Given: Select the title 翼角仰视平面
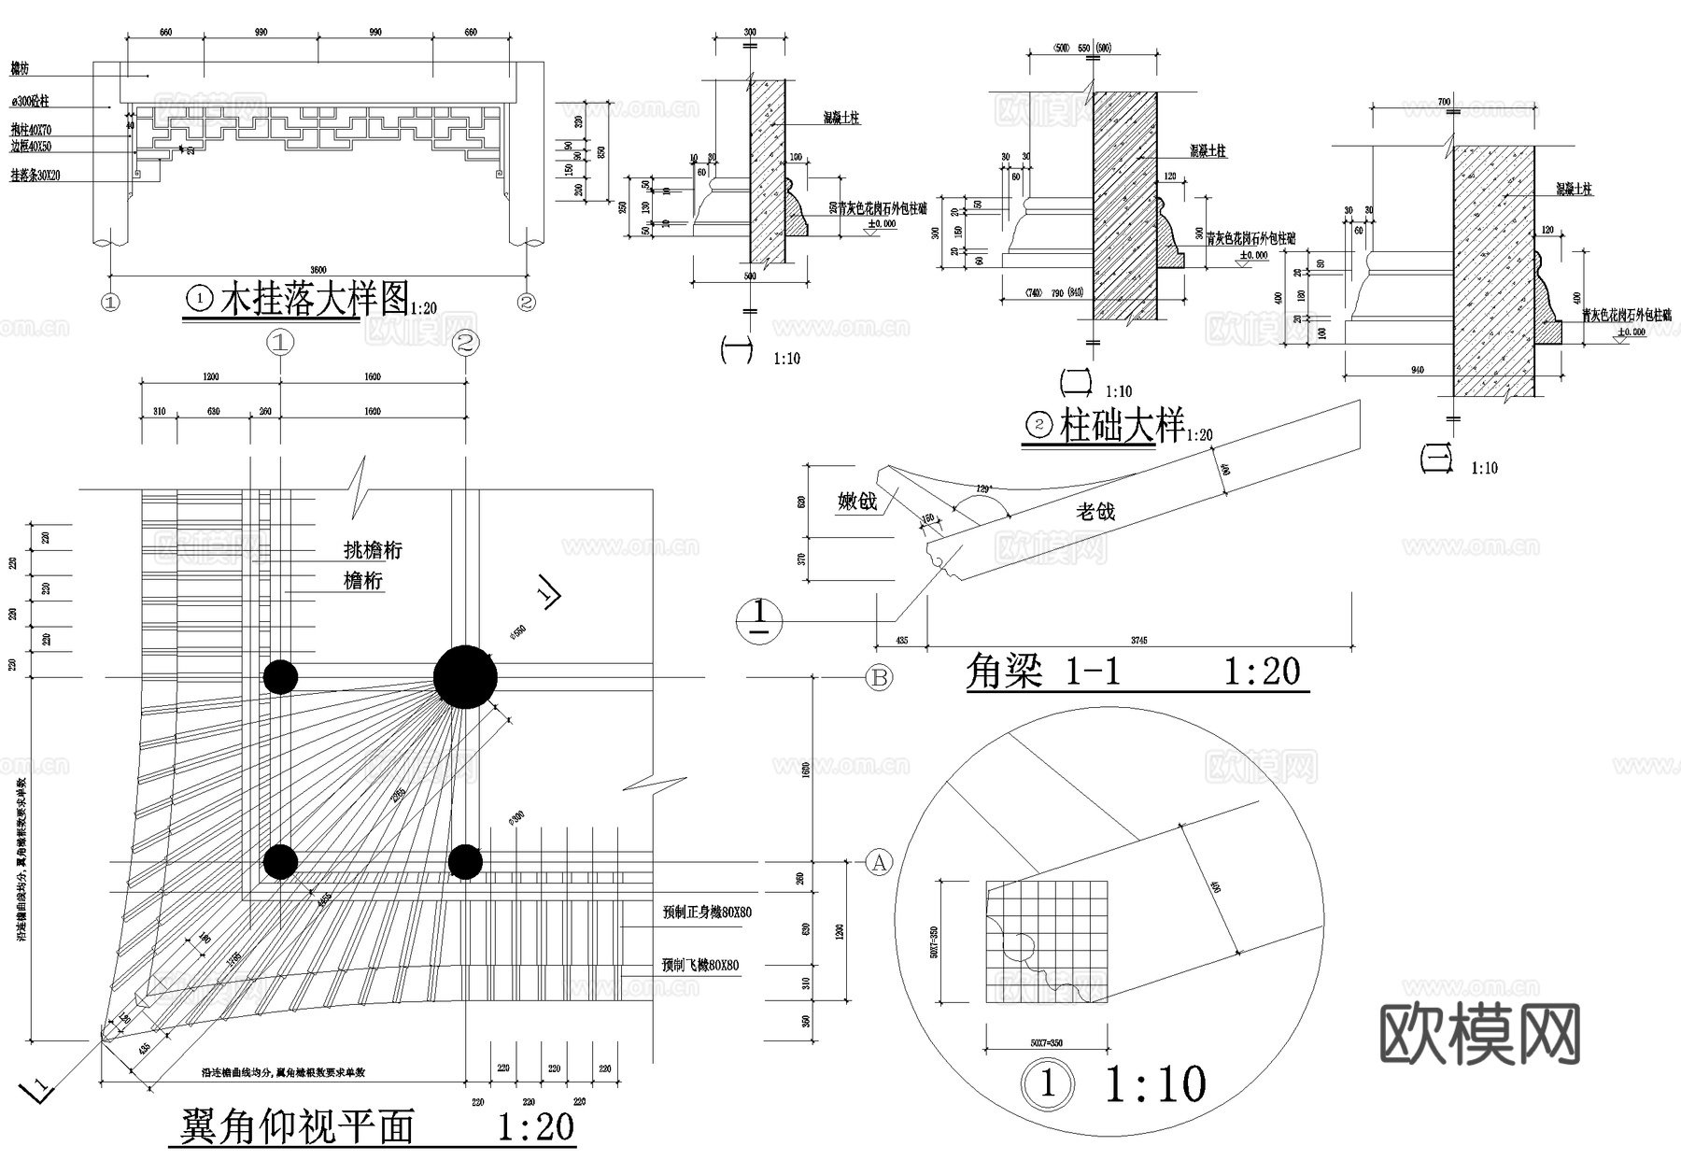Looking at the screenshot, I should tap(297, 1127).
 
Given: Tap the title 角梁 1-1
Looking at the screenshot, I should tap(1042, 672).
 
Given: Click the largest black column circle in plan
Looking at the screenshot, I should tap(465, 677).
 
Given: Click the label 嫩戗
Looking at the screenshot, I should tap(857, 502).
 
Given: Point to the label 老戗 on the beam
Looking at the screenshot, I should tap(1095, 512).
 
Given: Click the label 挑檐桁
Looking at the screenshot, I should tap(373, 550).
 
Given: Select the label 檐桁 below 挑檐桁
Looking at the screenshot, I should tap(363, 581).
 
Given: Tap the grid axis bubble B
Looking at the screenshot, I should tap(879, 677).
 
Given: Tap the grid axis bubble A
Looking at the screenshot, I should tap(879, 863).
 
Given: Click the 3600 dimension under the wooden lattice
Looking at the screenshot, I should tap(318, 270).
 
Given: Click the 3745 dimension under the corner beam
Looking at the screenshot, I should tap(1138, 640).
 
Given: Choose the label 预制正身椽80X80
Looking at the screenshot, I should tap(707, 912).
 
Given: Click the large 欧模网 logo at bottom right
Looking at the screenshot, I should tap(1479, 1035).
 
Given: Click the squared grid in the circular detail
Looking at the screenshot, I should tap(1047, 941).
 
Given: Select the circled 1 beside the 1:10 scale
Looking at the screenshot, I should tap(1047, 1084).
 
